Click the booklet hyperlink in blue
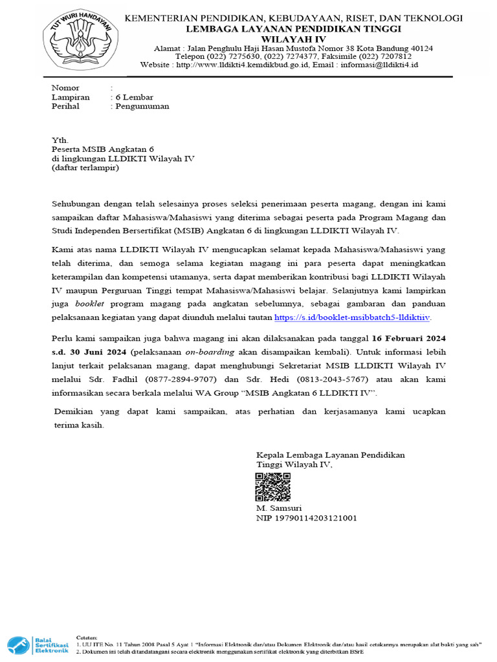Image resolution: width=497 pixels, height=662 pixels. click(353, 318)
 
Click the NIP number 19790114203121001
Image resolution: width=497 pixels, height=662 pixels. click(307, 518)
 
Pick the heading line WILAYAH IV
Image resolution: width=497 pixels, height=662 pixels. click(293, 39)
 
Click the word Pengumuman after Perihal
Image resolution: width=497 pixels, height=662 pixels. click(142, 107)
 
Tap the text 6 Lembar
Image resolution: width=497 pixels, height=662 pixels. click(134, 97)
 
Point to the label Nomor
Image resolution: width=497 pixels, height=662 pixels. click(65, 88)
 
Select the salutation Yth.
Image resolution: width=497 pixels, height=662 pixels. click(59, 140)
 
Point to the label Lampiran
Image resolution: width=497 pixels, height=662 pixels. click(71, 97)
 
